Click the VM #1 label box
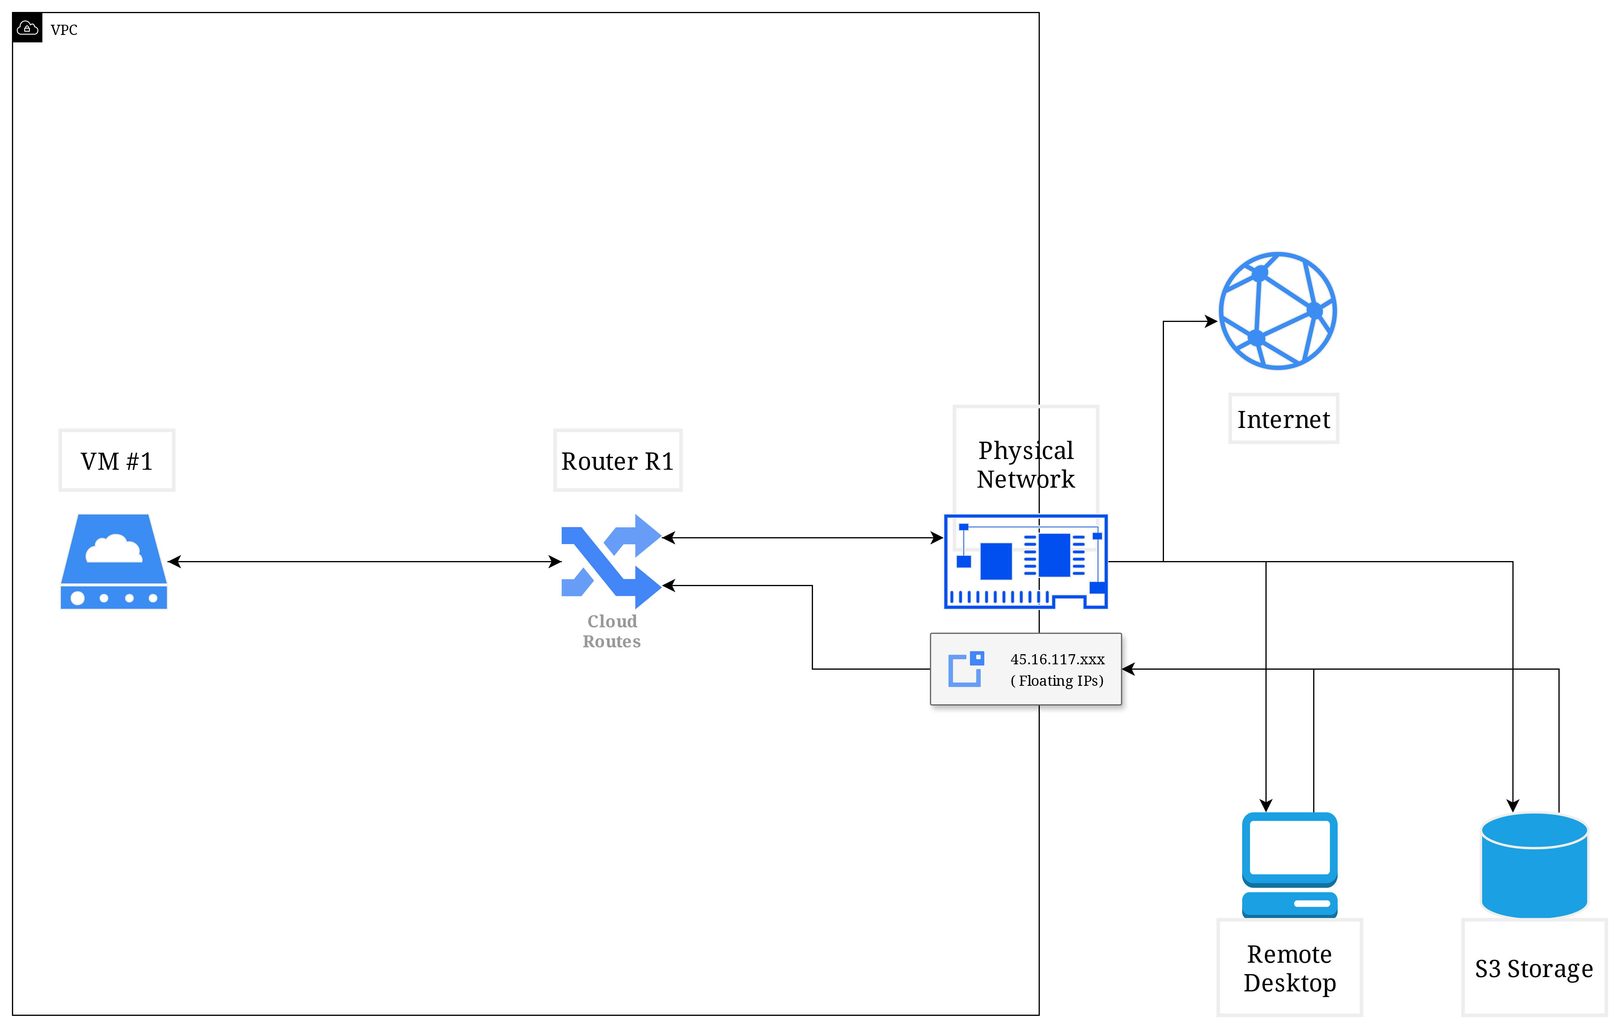coord(117,461)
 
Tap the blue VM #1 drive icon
coord(114,562)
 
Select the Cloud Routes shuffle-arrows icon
coord(611,562)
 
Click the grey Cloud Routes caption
coord(612,631)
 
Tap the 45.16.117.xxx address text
coord(1057,659)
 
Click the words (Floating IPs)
coord(1057,681)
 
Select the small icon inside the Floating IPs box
coord(966,669)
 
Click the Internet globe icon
coord(1278,311)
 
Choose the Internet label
coord(1284,419)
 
